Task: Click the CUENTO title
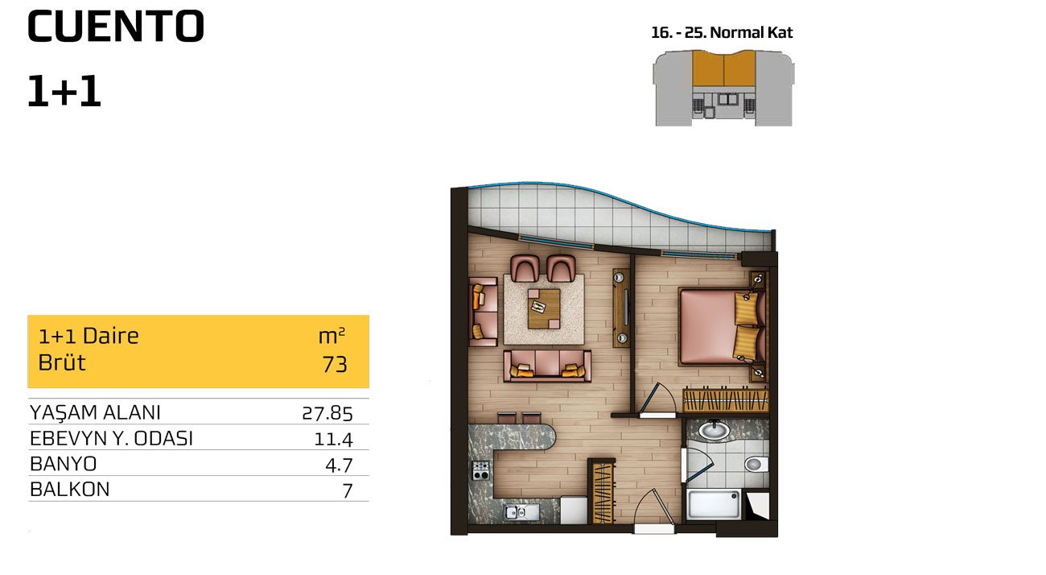[116, 27]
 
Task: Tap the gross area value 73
[335, 365]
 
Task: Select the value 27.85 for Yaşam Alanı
[327, 413]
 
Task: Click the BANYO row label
[64, 464]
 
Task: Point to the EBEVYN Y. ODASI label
[111, 438]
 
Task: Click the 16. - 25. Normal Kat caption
[722, 32]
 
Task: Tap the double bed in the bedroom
[722, 326]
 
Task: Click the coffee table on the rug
[544, 308]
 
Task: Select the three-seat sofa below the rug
[547, 366]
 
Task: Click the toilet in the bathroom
[756, 464]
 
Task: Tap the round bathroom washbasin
[714, 430]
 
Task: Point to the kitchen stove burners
[481, 470]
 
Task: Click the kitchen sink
[521, 512]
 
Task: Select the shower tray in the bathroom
[714, 505]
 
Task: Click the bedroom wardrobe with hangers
[726, 400]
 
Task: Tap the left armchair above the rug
[525, 268]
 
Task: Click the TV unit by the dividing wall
[621, 308]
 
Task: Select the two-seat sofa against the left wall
[484, 312]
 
